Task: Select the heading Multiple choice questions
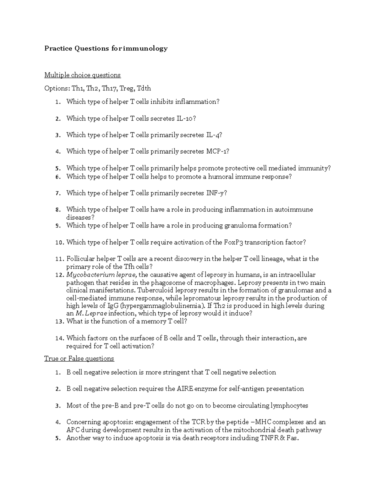pyautogui.click(x=82, y=75)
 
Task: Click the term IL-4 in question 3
pyautogui.click(x=214, y=135)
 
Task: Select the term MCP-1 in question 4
pyautogui.click(x=217, y=151)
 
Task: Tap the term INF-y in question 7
pyautogui.click(x=216, y=193)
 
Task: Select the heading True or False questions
pyautogui.click(x=79, y=359)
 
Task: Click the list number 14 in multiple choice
pyautogui.click(x=59, y=338)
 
